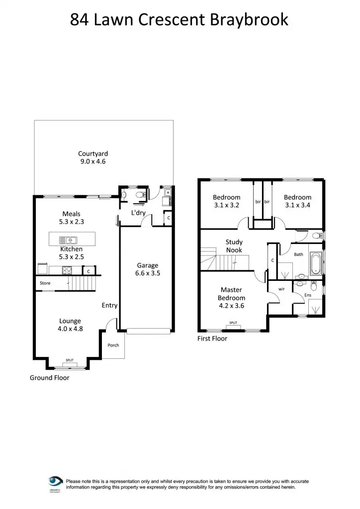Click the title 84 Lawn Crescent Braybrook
click(180, 19)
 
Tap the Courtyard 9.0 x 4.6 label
click(93, 158)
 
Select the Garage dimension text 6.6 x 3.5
click(148, 273)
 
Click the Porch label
click(113, 345)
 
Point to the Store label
click(45, 283)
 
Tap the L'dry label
click(138, 213)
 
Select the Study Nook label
click(234, 246)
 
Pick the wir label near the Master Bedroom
click(281, 289)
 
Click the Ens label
click(308, 295)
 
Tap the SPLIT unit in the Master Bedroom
click(233, 324)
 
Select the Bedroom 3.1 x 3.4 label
click(297, 201)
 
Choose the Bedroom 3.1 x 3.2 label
click(226, 201)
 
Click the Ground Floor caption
click(50, 378)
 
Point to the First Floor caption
click(212, 339)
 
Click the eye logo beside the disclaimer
click(55, 481)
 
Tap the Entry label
click(109, 305)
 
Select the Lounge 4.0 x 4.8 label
click(70, 325)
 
